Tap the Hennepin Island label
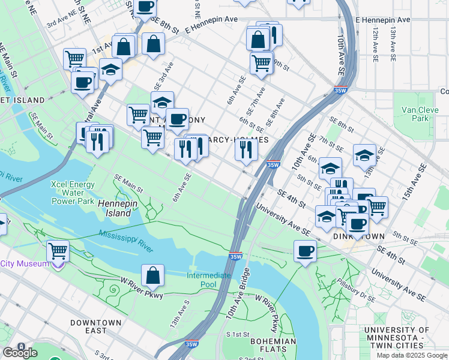pos(114,208)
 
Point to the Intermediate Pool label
pos(208,280)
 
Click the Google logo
pos(19,352)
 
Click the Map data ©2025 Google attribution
pos(412,355)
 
